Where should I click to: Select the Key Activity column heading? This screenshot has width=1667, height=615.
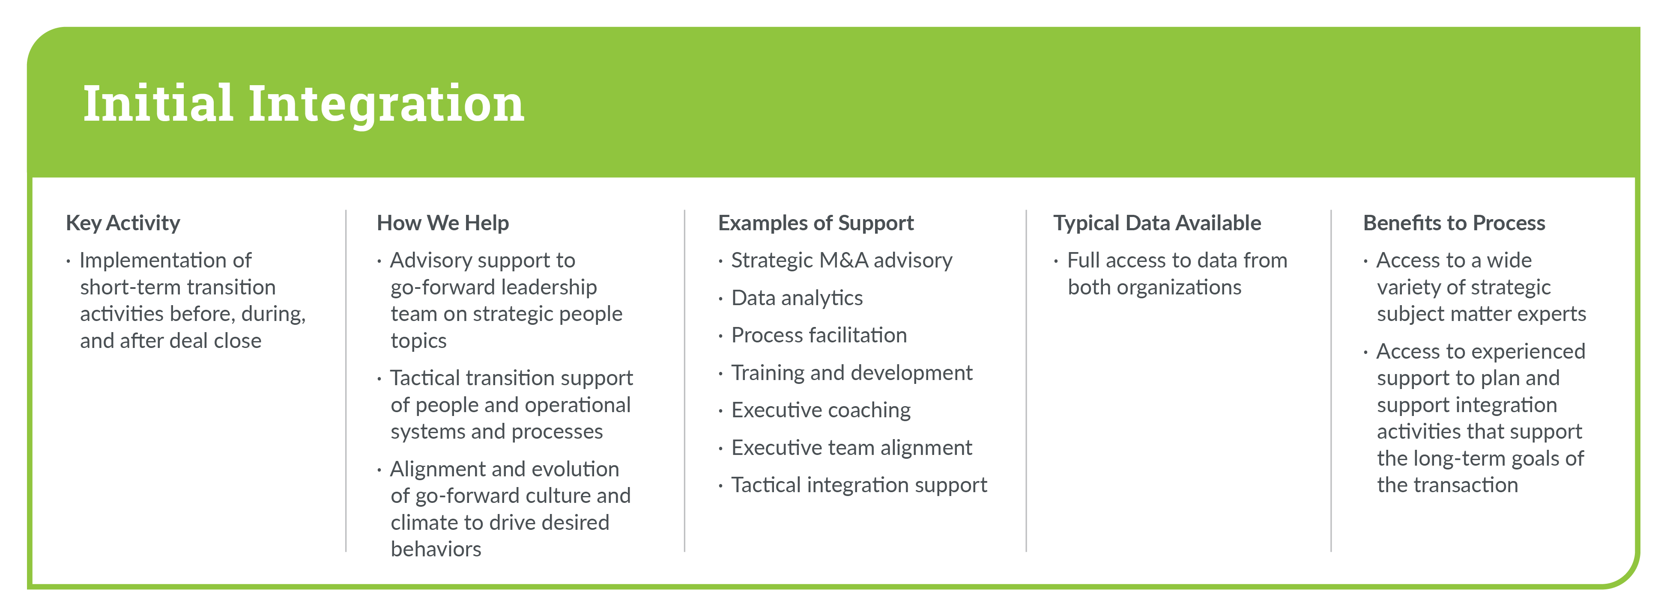[x=123, y=223]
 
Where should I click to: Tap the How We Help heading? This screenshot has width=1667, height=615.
[x=442, y=223]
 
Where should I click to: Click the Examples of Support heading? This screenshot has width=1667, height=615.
[x=816, y=223]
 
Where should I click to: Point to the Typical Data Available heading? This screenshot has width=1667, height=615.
[x=1157, y=223]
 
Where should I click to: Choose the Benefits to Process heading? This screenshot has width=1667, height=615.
[x=1454, y=223]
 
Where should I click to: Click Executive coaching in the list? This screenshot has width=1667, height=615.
[x=821, y=410]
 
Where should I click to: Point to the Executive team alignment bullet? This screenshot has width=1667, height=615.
[x=851, y=448]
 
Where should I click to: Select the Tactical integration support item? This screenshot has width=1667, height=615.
[x=859, y=485]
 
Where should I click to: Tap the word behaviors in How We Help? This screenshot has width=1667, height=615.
[x=436, y=549]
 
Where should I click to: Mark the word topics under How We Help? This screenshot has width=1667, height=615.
[x=419, y=341]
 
